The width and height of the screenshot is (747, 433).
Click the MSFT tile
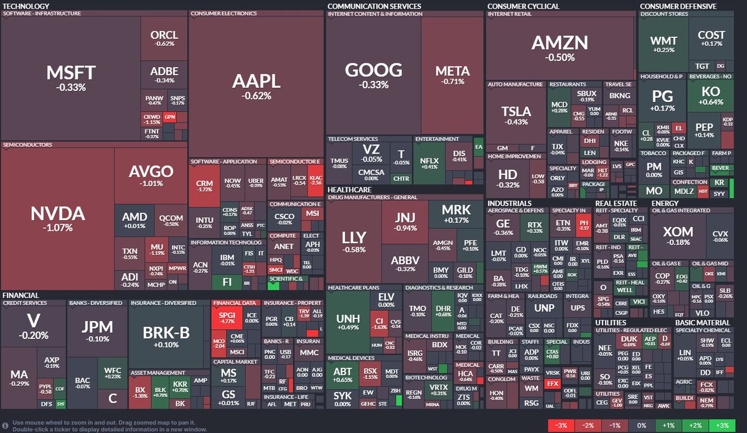pos(70,78)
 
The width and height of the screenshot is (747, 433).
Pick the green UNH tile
pos(347,322)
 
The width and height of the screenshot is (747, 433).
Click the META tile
pos(452,75)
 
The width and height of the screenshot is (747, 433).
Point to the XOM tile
pos(677,235)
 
